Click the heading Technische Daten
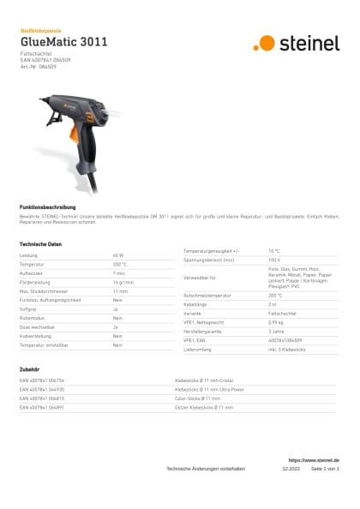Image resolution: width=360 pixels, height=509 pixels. (40, 244)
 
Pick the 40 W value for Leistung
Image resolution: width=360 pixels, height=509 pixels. (118, 255)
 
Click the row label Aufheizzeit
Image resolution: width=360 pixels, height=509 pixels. (32, 273)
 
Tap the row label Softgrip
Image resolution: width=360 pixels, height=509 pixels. (28, 309)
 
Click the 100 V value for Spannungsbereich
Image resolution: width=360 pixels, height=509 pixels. (274, 259)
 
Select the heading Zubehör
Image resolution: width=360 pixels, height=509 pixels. (29, 369)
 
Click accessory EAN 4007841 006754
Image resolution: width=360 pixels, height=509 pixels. (42, 380)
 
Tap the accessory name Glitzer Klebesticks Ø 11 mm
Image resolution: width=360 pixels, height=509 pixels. (204, 407)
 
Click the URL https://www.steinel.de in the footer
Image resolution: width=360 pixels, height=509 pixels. (314, 461)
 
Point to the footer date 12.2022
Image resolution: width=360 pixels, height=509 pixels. (291, 470)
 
